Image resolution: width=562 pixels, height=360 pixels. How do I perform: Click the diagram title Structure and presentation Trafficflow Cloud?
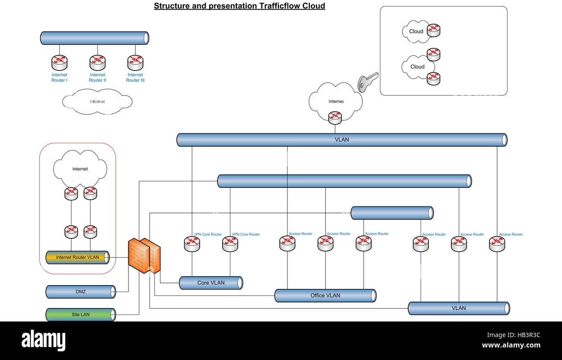[x=239, y=6]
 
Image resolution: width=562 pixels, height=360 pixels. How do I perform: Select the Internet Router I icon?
[x=59, y=63]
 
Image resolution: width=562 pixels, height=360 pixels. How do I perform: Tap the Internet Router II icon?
[x=97, y=63]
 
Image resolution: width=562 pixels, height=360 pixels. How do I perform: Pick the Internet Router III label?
[x=135, y=77]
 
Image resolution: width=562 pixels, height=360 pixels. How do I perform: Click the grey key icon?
[x=367, y=82]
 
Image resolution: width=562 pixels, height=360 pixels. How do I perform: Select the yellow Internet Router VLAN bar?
[x=77, y=257]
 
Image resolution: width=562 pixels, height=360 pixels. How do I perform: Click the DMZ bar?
[x=80, y=292]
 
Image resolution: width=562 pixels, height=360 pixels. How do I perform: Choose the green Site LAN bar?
[x=80, y=315]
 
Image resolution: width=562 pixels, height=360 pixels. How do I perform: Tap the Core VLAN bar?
[x=211, y=283]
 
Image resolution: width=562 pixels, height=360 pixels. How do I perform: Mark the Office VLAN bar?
[x=325, y=296]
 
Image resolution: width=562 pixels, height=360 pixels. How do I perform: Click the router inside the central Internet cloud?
[x=335, y=117]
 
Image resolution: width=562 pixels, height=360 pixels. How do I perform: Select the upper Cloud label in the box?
[x=416, y=31]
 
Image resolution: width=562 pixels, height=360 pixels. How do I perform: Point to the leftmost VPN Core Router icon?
[x=192, y=244]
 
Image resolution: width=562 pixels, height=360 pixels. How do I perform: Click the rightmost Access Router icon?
[x=497, y=244]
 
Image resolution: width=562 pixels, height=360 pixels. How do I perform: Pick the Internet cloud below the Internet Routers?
[x=97, y=102]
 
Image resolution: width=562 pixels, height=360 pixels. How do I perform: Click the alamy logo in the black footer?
[x=43, y=341]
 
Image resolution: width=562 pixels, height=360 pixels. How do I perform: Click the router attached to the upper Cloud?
[x=433, y=30]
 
